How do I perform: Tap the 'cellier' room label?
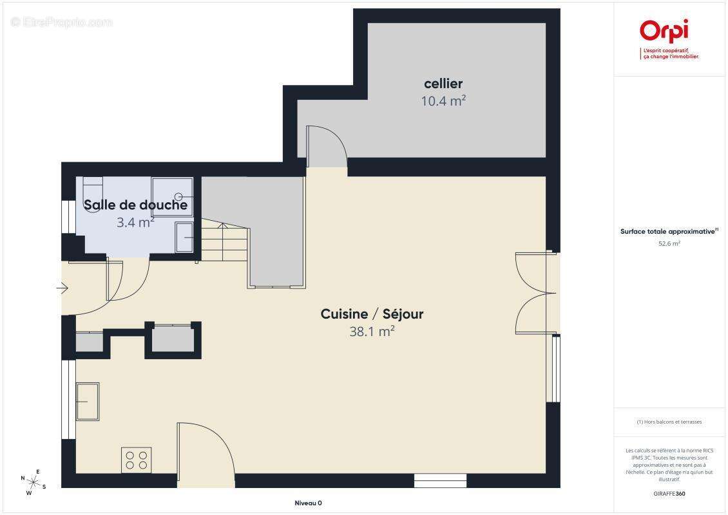pyautogui.click(x=443, y=84)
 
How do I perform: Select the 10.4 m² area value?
pyautogui.click(x=443, y=100)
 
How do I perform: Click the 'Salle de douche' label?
pyautogui.click(x=136, y=205)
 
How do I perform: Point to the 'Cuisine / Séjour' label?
pyautogui.click(x=372, y=314)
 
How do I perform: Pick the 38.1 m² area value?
pyautogui.click(x=372, y=332)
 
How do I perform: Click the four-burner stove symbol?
pyautogui.click(x=136, y=460)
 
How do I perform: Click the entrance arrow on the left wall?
pyautogui.click(x=62, y=288)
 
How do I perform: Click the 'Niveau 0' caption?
pyautogui.click(x=307, y=503)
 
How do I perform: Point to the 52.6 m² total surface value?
pyautogui.click(x=669, y=244)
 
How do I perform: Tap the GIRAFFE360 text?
pyautogui.click(x=669, y=492)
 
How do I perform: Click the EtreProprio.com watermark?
pyautogui.click(x=62, y=23)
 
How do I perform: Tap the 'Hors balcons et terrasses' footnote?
pyautogui.click(x=669, y=422)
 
